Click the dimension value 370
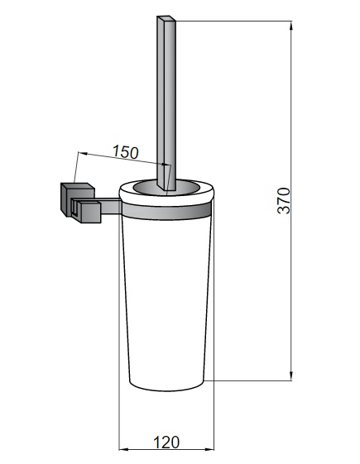coord(284,200)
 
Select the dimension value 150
coord(126,152)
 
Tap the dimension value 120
coord(166,442)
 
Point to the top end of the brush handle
coord(166,18)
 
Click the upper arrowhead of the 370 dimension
coord(291,26)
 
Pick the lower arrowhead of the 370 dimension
coord(291,376)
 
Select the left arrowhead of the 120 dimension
coord(124,449)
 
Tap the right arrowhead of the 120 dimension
coord(209,449)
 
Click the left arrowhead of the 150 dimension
coord(84,153)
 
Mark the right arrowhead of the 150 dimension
coord(166,165)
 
